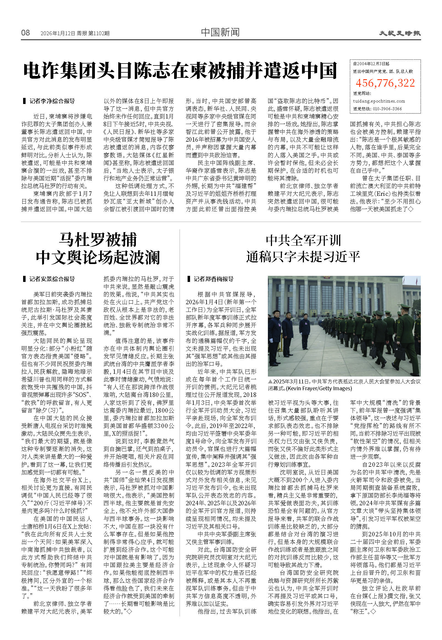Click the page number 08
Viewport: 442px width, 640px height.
26,33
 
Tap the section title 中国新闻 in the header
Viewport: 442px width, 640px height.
220,32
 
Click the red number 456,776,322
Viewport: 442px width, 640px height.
385,83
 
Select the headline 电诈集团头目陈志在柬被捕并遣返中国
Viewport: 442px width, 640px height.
180,71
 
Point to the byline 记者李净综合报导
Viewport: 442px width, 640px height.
52,101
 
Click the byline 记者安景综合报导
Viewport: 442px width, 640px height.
52,279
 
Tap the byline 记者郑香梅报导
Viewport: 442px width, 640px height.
213,279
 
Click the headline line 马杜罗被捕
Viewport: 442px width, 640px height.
98,240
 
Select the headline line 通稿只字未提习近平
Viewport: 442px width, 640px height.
303,257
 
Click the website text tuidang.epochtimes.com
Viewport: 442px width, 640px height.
379,101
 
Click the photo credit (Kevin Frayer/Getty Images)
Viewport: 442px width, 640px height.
319,388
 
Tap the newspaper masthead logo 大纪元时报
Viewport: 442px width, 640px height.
400,33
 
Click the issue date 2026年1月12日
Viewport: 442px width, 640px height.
58,34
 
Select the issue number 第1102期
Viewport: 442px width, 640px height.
99,34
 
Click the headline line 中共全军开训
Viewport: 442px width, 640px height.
303,240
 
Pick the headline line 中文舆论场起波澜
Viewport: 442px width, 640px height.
98,257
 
